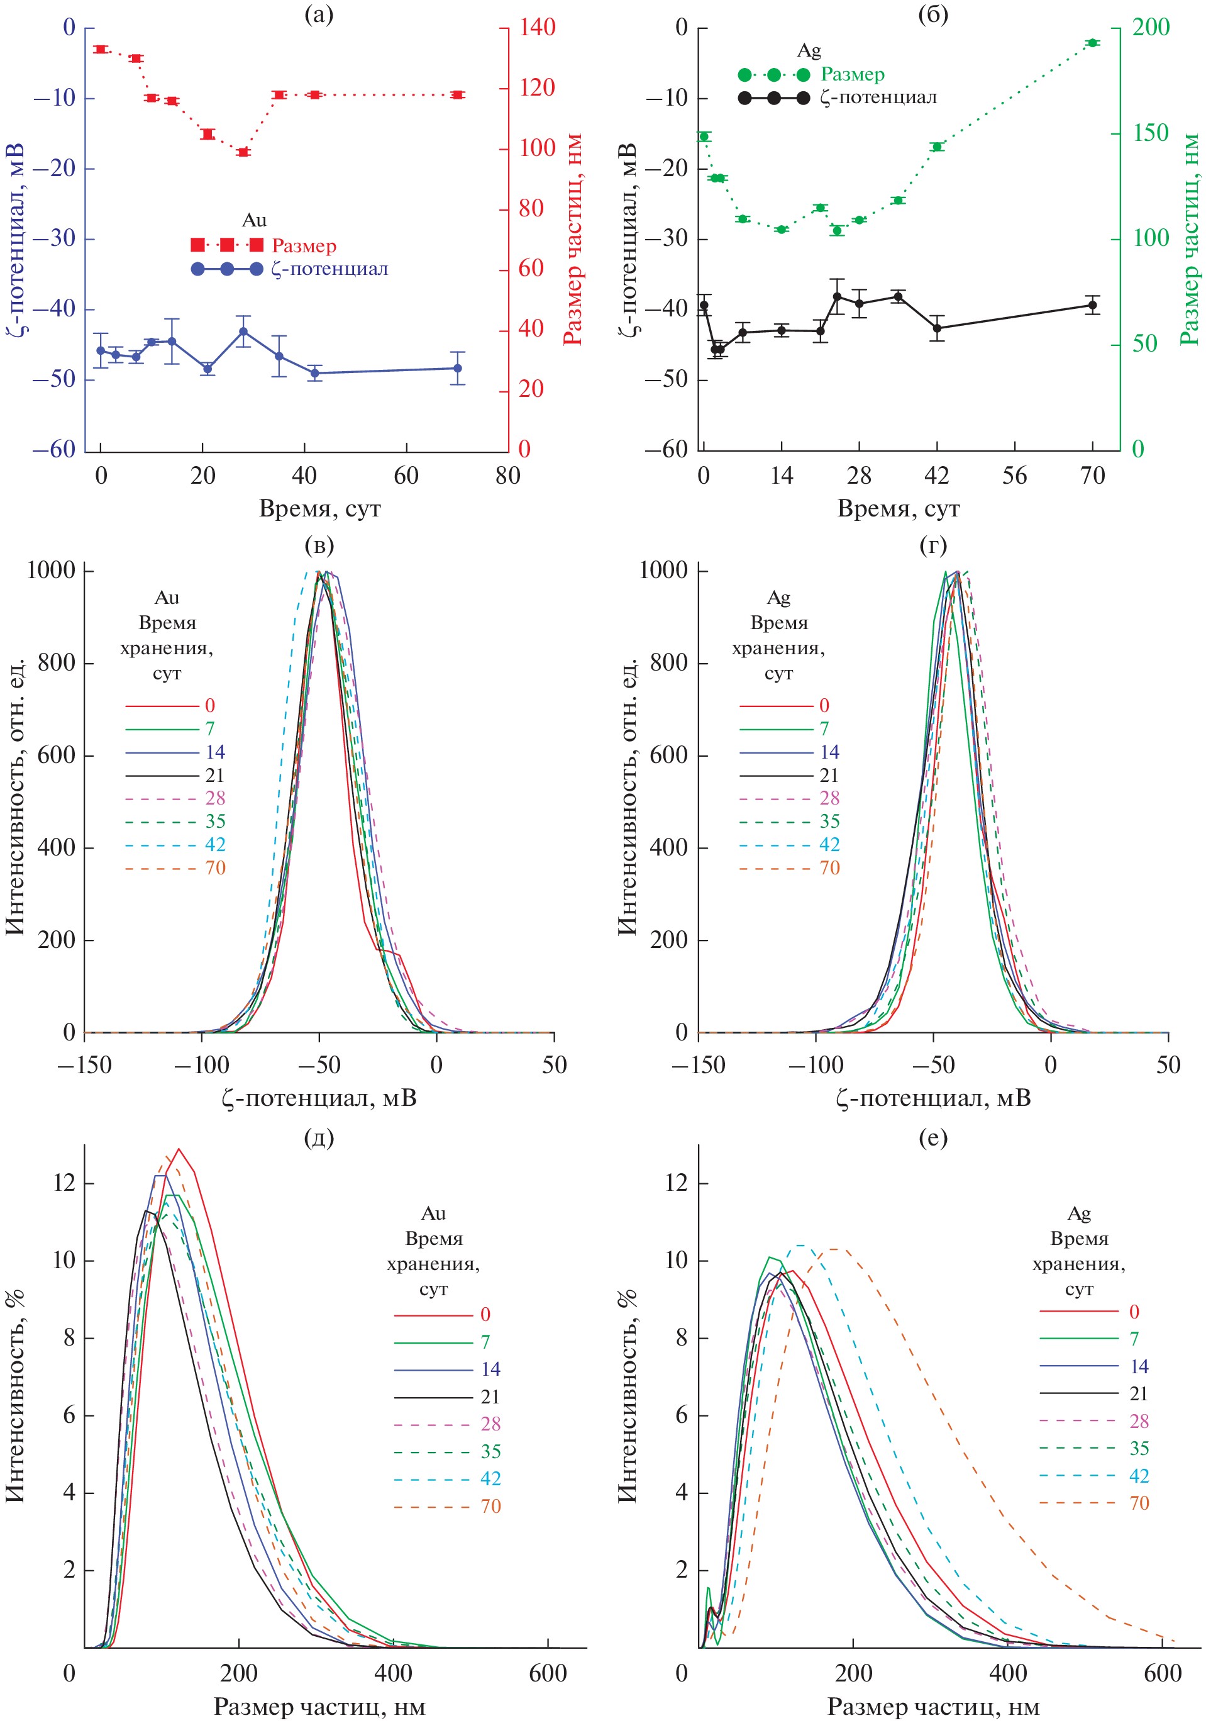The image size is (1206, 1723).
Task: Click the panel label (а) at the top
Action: tap(319, 14)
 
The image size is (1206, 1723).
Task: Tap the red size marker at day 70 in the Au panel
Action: tap(458, 94)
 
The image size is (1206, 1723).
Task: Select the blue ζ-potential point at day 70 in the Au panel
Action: tap(458, 368)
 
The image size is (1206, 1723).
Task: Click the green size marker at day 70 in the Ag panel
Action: tap(1092, 43)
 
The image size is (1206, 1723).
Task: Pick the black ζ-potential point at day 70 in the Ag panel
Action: tap(1092, 304)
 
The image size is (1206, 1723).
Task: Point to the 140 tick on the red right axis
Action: tap(537, 28)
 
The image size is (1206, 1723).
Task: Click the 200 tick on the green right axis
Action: tap(1151, 28)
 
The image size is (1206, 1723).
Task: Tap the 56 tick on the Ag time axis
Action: tap(1015, 475)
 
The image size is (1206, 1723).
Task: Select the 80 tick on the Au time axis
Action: tap(508, 475)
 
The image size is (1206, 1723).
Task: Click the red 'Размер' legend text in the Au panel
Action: tap(304, 245)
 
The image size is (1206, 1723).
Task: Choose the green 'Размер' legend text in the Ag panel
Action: tap(853, 74)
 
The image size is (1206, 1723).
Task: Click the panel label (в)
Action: tap(319, 545)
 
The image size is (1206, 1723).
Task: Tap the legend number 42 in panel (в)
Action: tap(215, 844)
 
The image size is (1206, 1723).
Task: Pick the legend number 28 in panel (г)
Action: tap(829, 798)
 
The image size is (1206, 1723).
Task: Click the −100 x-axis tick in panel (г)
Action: tap(816, 1065)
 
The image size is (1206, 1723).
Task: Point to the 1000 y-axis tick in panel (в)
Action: tap(51, 571)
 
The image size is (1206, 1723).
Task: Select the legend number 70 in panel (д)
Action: tap(490, 1505)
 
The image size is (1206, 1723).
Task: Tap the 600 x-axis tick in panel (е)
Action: tap(1163, 1673)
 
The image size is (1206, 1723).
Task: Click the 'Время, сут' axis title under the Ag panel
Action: tap(899, 509)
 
